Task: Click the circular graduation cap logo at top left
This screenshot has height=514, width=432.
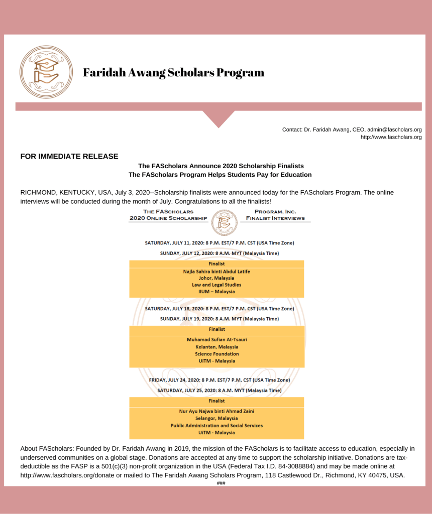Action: tap(46, 72)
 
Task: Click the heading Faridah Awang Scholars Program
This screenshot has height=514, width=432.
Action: tap(173, 73)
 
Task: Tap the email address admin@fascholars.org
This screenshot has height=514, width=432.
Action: tap(394, 130)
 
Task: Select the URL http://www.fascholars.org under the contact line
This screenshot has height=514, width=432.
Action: tap(391, 137)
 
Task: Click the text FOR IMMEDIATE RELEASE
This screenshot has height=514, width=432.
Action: tap(69, 157)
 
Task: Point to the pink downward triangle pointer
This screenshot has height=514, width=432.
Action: tap(219, 118)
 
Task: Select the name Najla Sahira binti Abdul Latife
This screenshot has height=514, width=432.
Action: tap(217, 272)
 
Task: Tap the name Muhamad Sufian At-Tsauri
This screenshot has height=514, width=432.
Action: tap(217, 340)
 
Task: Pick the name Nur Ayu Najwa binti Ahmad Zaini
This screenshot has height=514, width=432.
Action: tap(217, 411)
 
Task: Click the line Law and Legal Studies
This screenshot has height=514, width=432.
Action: tap(217, 285)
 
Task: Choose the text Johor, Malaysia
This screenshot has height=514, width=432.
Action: tap(217, 278)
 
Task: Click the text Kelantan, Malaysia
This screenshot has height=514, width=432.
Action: tap(217, 347)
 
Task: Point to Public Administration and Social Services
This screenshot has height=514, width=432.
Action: tap(217, 426)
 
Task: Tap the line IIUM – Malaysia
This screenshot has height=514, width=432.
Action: tap(217, 292)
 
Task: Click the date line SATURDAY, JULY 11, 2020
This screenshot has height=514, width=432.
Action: tap(220, 243)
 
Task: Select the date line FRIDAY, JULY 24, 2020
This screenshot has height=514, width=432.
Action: tap(220, 380)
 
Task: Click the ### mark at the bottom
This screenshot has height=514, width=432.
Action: tap(221, 483)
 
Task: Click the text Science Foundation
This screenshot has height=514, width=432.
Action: tap(217, 354)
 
